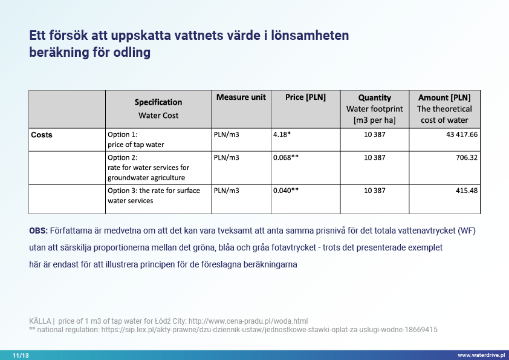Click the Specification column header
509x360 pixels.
point(158,102)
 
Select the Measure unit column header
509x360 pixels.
point(241,97)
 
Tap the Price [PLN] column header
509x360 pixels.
point(305,97)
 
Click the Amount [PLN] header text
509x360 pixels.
point(444,97)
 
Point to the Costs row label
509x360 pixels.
point(42,135)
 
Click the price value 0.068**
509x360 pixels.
point(286,158)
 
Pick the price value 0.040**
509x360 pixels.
point(286,190)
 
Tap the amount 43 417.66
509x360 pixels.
point(462,134)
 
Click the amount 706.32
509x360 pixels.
point(467,158)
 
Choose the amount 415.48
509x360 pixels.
point(467,190)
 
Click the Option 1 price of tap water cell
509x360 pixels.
point(135,139)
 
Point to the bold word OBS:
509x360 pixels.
point(39,231)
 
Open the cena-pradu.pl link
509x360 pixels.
point(248,321)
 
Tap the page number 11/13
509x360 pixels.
point(21,355)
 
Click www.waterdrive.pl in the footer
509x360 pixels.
point(481,355)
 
